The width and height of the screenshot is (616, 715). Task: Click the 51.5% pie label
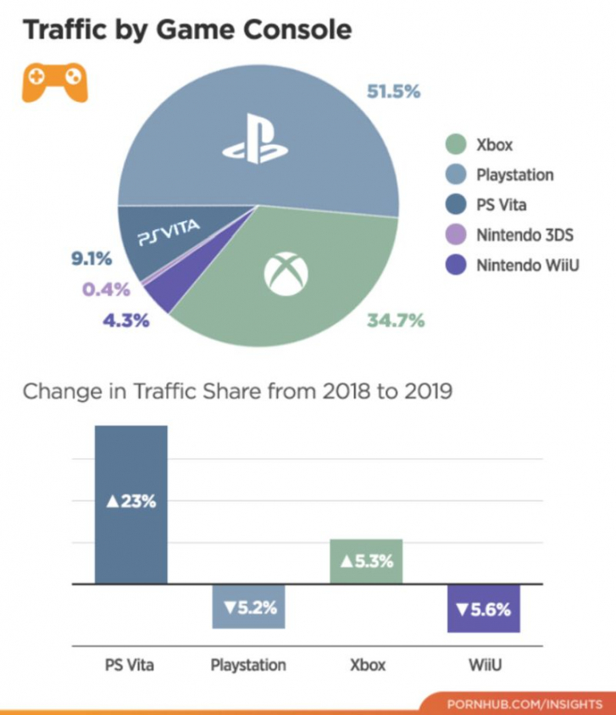click(393, 92)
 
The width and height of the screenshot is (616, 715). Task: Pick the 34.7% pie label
click(396, 321)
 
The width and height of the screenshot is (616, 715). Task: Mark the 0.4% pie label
click(106, 289)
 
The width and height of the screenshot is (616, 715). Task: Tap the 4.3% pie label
click(125, 321)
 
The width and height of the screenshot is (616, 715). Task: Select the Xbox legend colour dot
click(457, 145)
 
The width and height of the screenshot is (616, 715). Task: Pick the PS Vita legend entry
click(500, 204)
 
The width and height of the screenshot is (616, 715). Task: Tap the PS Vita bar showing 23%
click(130, 504)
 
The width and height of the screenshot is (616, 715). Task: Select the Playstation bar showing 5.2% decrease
click(247, 607)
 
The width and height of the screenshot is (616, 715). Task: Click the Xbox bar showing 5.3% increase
click(365, 561)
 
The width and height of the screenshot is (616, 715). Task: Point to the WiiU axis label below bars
click(484, 665)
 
